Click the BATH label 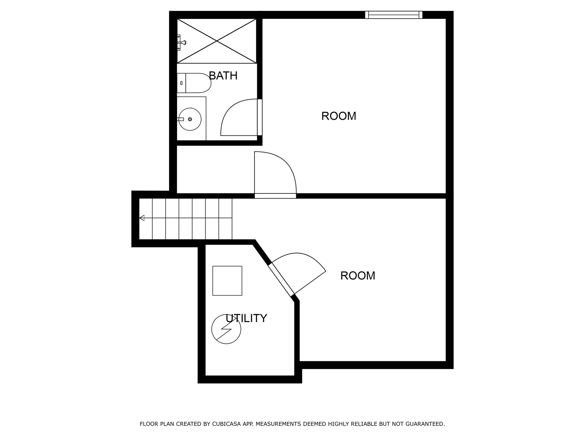(223, 76)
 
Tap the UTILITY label (246, 318)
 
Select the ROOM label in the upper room (338, 116)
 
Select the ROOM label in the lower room (358, 276)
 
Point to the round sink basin (190, 119)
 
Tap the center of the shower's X (217, 41)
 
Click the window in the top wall (394, 15)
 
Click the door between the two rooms (275, 196)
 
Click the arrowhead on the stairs (142, 218)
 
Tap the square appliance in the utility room (227, 281)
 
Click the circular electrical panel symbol (226, 329)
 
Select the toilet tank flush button (181, 83)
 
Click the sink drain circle (190, 119)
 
